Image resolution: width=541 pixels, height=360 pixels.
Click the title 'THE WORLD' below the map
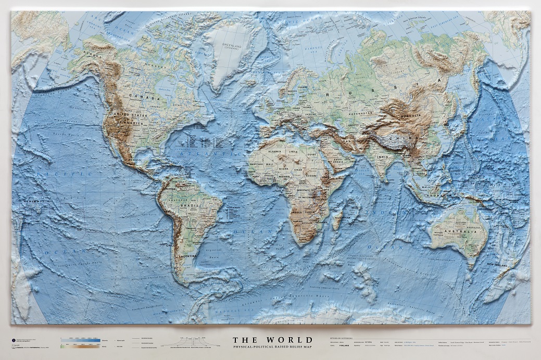point(273,340)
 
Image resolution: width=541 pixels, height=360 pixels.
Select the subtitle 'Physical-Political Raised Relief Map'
point(273,347)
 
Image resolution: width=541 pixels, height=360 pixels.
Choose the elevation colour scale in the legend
point(81,341)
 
